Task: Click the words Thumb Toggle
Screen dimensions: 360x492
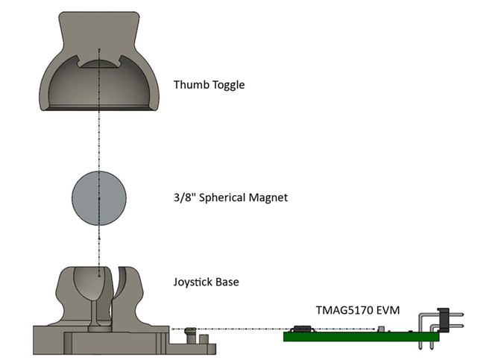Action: click(209, 85)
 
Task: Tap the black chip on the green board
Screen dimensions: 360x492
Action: click(302, 329)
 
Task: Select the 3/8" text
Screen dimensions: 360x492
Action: click(181, 198)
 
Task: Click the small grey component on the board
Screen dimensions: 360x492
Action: click(380, 329)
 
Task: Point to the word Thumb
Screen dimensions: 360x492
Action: click(189, 85)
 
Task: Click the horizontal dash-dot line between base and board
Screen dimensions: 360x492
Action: click(239, 329)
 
